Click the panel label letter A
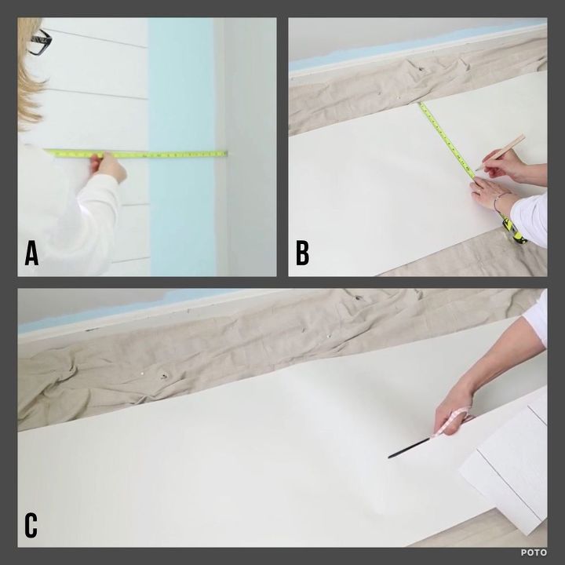(x=32, y=253)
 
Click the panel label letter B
(x=302, y=253)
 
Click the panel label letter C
(x=31, y=525)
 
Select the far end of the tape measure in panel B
(x=421, y=104)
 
